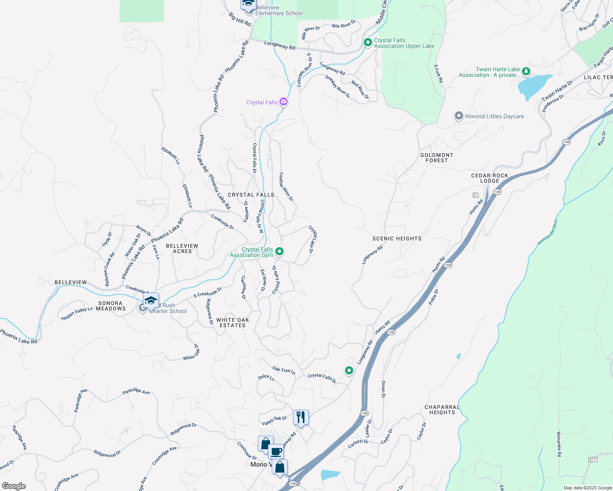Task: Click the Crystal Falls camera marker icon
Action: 283,102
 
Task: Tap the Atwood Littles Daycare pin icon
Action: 459,116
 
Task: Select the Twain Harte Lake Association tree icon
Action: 526,72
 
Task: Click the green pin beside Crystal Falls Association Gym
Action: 279,251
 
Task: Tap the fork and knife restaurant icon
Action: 301,417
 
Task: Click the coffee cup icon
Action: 276,452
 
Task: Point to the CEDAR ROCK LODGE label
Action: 490,178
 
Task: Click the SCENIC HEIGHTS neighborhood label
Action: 397,239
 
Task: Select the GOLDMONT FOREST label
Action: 437,158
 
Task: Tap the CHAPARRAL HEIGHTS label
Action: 442,410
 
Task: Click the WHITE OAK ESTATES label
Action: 233,322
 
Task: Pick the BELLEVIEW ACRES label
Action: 182,248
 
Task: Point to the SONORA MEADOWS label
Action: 111,306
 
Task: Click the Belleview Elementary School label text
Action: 279,10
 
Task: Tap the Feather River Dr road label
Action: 286,187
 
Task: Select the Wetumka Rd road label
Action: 559,444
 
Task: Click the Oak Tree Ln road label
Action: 284,370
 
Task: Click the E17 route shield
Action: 593,459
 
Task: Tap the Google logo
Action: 14,486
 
